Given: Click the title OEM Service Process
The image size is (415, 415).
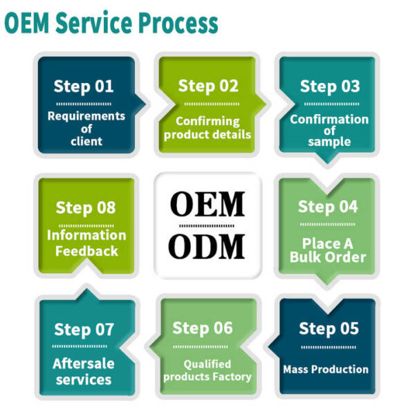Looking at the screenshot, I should [111, 23].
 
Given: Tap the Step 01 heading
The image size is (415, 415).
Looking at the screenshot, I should [84, 87].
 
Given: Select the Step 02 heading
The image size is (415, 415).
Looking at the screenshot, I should [208, 86].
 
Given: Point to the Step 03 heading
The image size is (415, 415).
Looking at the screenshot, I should [330, 86].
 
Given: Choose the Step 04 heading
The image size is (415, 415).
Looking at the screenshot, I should [328, 207].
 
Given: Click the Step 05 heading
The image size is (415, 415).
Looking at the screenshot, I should [329, 328].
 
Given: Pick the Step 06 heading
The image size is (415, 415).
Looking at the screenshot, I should [203, 328].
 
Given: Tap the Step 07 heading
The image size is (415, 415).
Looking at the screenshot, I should [84, 330].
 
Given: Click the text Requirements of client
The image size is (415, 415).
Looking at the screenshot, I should [86, 129].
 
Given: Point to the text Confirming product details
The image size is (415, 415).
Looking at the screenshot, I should [207, 128].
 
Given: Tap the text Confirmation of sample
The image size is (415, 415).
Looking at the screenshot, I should [329, 130].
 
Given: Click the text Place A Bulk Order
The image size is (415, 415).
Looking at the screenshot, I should [328, 250].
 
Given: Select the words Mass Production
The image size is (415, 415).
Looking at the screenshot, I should [325, 369].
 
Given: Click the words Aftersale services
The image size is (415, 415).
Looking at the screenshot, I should [84, 371].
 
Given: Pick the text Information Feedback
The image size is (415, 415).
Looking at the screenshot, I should [86, 243].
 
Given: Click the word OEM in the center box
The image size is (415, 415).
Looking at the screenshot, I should [207, 204].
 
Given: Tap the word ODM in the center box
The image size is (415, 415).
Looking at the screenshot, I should [207, 247].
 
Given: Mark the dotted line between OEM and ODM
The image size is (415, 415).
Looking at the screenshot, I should [207, 225].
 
